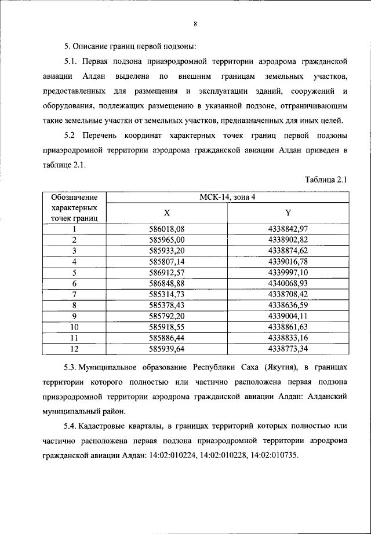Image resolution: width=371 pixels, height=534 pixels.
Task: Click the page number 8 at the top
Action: click(195, 24)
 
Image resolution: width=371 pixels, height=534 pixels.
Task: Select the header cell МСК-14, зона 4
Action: click(227, 197)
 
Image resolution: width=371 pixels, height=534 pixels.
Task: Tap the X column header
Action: click(167, 213)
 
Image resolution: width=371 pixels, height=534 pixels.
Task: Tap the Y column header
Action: click(288, 213)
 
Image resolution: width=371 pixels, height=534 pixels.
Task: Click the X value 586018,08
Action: click(167, 229)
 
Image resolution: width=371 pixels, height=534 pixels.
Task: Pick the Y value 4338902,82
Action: click(288, 239)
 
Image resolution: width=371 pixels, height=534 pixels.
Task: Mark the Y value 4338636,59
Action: click(288, 304)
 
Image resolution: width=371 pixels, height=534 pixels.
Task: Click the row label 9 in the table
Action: click(74, 315)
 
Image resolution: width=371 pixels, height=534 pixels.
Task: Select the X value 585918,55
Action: click(167, 326)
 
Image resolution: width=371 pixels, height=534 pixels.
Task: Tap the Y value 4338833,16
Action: click(288, 337)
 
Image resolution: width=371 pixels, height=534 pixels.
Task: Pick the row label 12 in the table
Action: click(74, 348)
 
